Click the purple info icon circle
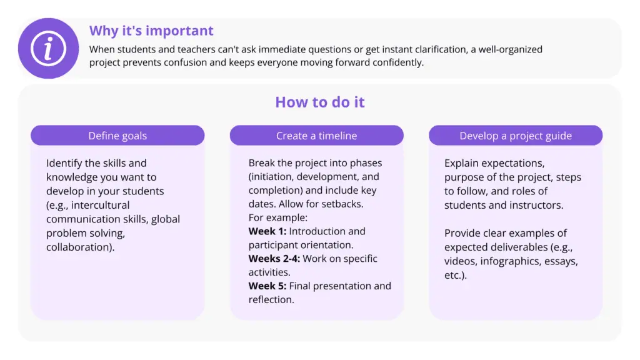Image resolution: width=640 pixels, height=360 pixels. coord(48,48)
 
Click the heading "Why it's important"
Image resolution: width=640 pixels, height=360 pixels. coord(151,31)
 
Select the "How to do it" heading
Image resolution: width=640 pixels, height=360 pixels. coord(320,102)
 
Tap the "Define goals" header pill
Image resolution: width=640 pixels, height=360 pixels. coord(117,136)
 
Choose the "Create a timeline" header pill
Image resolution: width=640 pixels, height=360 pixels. coord(317,136)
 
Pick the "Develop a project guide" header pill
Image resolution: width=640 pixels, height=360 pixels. coord(516,136)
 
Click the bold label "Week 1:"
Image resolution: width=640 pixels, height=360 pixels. coord(267,231)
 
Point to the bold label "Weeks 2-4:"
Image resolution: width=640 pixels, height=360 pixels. coord(274,258)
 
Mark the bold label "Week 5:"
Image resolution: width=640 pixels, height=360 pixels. coord(267,286)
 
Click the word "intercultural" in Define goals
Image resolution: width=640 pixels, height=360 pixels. coord(100,205)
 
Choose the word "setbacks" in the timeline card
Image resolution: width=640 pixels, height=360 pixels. coord(342,204)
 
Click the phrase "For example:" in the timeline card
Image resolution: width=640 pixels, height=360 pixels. coord(278,217)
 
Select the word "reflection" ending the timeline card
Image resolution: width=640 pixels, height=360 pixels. coord(270,299)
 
